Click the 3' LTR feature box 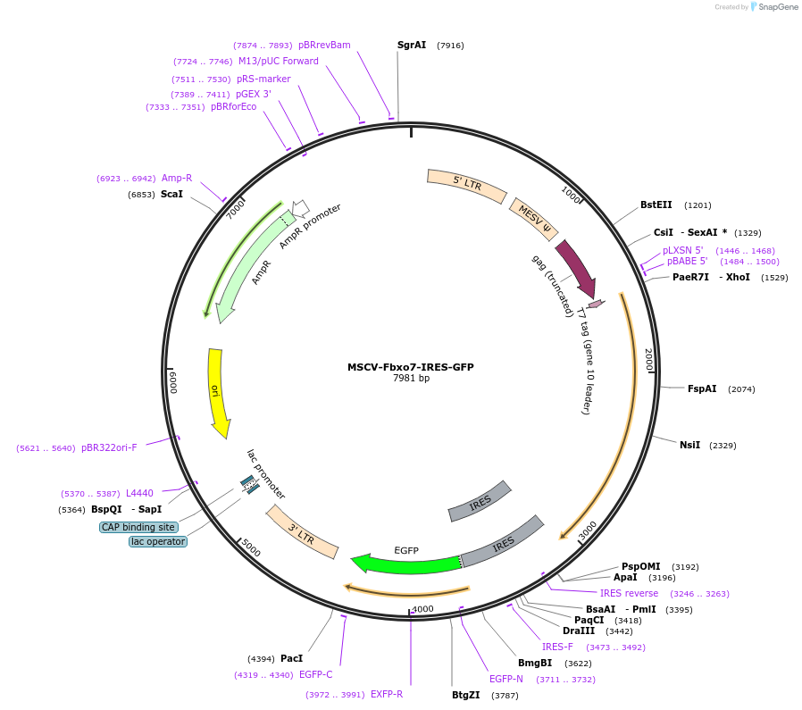tap(302, 532)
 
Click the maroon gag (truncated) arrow tap(576, 268)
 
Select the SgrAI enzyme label tap(412, 45)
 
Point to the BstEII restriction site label tap(656, 205)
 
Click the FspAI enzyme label tap(702, 388)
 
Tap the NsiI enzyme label tap(689, 445)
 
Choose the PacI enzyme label tap(292, 658)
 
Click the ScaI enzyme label tap(171, 194)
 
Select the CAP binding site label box tap(138, 527)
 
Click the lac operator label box tap(158, 541)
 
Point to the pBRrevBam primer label tap(324, 45)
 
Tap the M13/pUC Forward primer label tap(278, 62)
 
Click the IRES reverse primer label tap(629, 593)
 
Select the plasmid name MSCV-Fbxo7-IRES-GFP tap(411, 367)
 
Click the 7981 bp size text tap(411, 379)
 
